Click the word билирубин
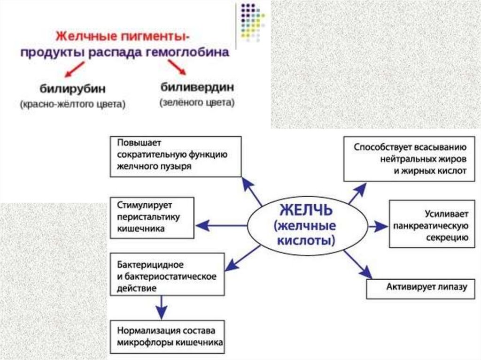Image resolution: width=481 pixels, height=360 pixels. (72, 89)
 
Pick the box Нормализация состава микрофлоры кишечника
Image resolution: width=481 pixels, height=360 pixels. (167, 337)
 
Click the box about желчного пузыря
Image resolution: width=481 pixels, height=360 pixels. (176, 156)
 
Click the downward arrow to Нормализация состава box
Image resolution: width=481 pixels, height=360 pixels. (162, 307)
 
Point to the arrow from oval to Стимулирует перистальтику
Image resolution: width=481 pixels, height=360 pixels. (221, 225)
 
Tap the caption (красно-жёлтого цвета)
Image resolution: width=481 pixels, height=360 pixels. (73, 104)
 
